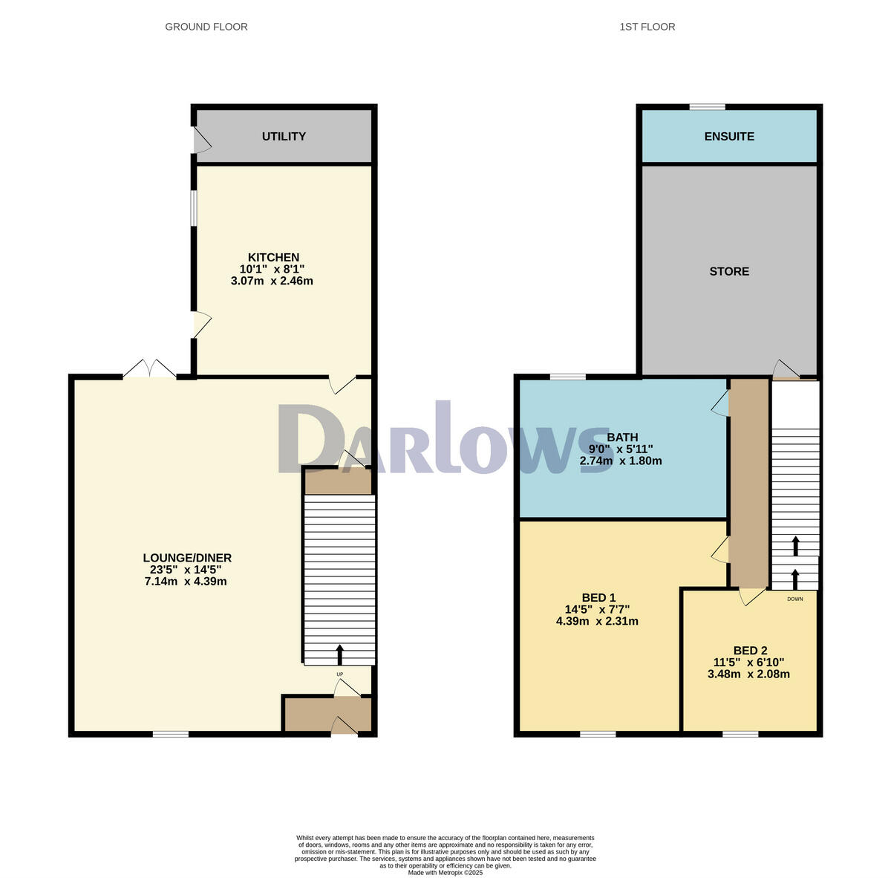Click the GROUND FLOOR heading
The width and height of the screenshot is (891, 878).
[x=206, y=27]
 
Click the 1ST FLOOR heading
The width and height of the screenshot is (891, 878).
[x=647, y=27]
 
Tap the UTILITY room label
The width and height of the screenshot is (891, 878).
[x=284, y=136]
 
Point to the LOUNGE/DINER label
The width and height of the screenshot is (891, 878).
[x=187, y=558]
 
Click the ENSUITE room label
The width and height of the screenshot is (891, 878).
[x=729, y=136]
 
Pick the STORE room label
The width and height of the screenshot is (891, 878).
[x=729, y=271]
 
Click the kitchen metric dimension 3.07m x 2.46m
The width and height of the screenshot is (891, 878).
[x=272, y=281]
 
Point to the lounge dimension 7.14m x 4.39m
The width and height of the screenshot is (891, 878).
[x=186, y=581]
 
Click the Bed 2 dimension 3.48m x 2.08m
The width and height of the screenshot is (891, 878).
[x=748, y=674]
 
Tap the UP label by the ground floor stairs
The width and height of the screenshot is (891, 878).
[x=340, y=674]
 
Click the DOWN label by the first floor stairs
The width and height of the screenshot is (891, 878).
[x=794, y=599]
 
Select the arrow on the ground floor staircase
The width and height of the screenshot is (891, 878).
[x=340, y=654]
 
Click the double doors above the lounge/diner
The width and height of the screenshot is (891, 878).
[x=149, y=370]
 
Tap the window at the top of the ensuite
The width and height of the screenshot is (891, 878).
[x=707, y=107]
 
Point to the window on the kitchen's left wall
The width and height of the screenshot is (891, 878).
[x=193, y=209]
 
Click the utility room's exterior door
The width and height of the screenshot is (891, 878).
[x=199, y=140]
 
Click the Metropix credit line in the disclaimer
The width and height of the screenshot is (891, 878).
[x=445, y=872]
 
